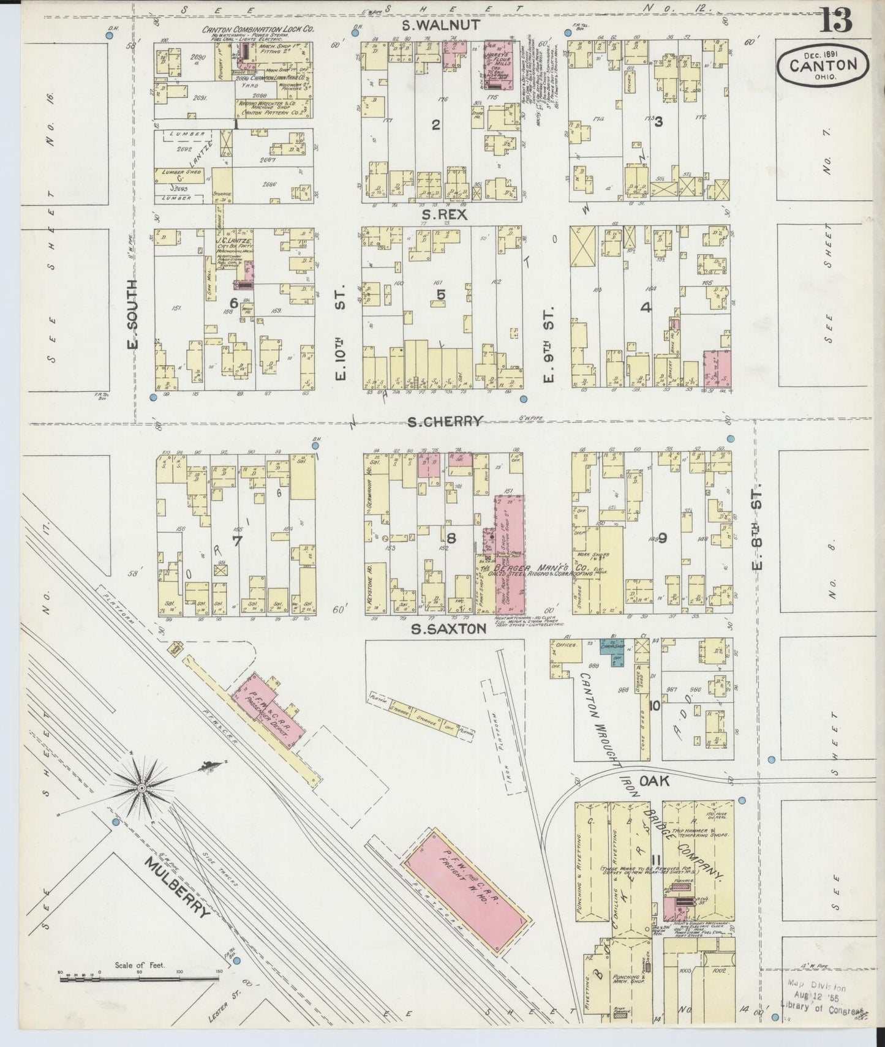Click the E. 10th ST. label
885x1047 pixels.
click(x=341, y=331)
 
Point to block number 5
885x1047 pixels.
click(x=440, y=295)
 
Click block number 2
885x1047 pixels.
click(x=435, y=125)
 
